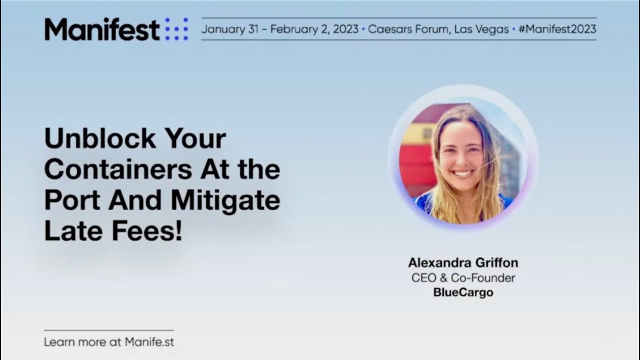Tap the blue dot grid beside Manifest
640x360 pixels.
176,29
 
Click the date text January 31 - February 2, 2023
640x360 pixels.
280,29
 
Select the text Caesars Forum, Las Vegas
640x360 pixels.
438,29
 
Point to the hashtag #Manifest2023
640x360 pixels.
557,29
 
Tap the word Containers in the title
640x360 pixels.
118,170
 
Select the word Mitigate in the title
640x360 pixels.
225,201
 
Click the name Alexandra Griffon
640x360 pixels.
463,262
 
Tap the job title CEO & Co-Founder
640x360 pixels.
463,277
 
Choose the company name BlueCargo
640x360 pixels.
463,292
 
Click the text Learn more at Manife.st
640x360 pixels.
109,342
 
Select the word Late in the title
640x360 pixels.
70,232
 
